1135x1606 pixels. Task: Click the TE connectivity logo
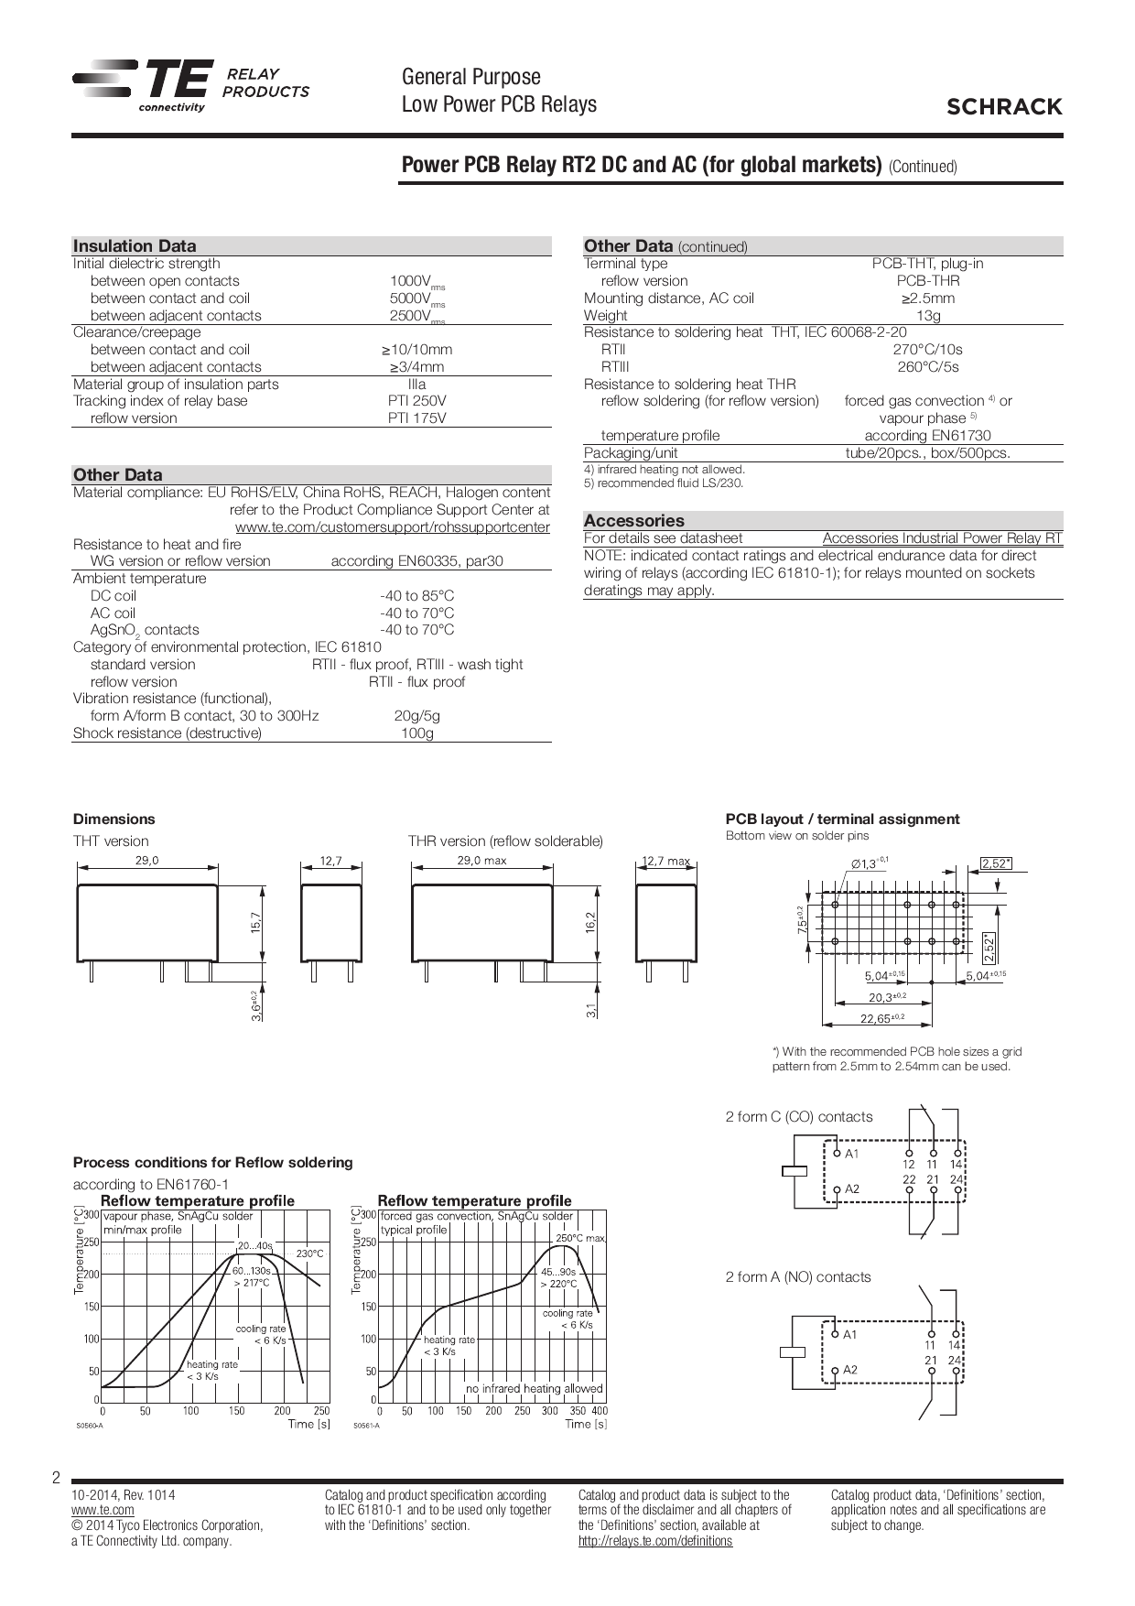click(142, 86)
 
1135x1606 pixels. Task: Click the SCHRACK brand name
click(1004, 107)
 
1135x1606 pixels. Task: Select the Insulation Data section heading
click(135, 245)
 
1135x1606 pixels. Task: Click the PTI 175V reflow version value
click(416, 418)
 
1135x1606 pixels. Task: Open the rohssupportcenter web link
click(392, 527)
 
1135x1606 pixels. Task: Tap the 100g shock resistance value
click(416, 733)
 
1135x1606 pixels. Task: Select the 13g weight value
click(927, 316)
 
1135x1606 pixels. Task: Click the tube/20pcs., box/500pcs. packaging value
click(927, 453)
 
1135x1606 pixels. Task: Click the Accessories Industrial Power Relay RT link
click(942, 538)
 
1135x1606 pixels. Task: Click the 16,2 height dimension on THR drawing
click(591, 922)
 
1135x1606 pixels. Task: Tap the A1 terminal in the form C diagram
click(852, 1154)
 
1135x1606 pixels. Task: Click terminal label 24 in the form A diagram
click(955, 1361)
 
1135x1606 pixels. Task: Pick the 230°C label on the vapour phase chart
click(309, 1253)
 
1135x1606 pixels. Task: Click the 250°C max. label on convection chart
click(580, 1238)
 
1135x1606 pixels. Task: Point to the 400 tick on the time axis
click(600, 1411)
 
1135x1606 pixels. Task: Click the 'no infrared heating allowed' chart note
click(534, 1388)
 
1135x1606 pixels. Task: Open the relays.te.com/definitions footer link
click(654, 1541)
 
